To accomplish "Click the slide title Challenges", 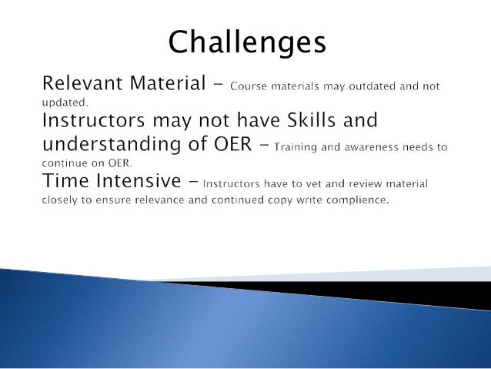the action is pos(247,43).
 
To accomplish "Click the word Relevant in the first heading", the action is pos(82,83).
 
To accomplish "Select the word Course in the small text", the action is pos(249,86).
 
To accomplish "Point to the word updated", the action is pos(65,102).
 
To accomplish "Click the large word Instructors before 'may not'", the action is pos(94,120).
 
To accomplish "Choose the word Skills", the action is pos(311,119).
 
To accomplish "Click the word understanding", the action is pos(112,145).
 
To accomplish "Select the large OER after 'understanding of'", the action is pos(233,144).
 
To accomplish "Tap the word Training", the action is pos(296,147).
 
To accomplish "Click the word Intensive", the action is pos(139,180).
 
